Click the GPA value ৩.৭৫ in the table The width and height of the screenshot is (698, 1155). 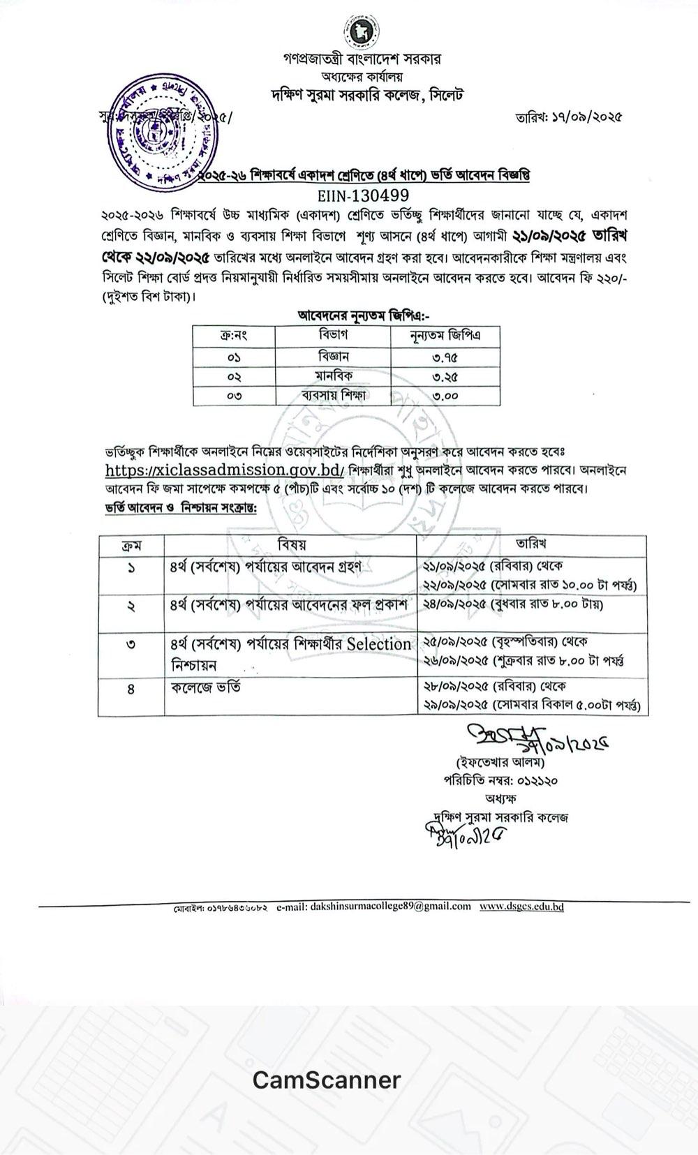pos(445,357)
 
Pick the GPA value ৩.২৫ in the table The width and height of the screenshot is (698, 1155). pos(445,376)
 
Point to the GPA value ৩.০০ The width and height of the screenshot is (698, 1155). pos(445,395)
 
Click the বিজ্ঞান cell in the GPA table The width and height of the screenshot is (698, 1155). pos(333,356)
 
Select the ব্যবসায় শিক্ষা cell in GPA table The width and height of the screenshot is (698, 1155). pos(333,395)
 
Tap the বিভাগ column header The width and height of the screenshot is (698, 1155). pos(333,336)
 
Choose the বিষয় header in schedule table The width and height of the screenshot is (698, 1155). pos(291,544)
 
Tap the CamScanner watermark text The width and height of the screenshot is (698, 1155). pos(327,1080)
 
